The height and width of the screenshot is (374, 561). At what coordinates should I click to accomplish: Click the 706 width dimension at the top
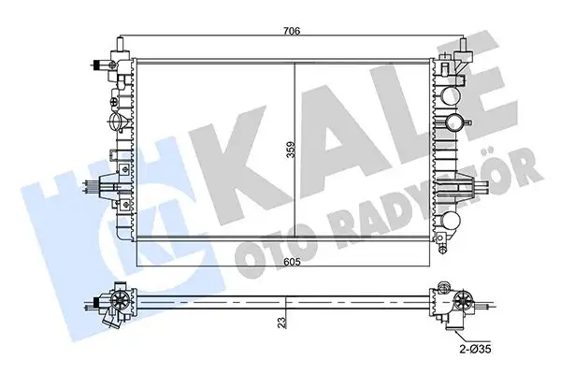point(291,30)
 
